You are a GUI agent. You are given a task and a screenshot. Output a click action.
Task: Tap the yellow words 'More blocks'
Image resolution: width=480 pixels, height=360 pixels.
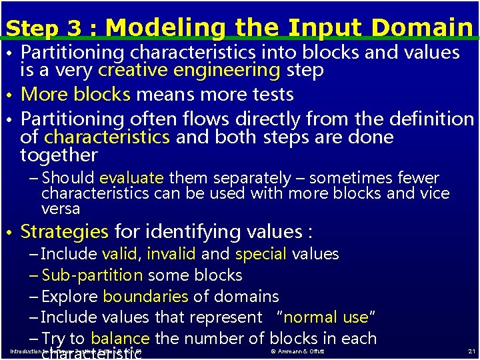75,95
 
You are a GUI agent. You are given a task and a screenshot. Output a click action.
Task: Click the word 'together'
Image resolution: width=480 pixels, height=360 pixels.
59,155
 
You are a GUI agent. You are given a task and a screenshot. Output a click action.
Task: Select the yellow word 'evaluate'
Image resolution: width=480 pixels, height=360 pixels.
131,178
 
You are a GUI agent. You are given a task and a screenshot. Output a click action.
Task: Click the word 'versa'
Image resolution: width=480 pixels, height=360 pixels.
61,209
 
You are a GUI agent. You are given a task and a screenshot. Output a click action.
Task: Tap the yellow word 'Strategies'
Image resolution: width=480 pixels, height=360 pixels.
64,232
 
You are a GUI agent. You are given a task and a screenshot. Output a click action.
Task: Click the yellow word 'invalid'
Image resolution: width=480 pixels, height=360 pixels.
171,254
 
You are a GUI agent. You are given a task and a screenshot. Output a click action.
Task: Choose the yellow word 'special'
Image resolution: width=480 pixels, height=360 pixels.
261,254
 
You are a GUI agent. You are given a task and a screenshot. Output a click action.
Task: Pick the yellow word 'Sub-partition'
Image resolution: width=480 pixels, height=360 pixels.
92,275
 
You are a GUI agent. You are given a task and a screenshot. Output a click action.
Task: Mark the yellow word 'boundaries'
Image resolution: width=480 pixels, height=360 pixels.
146,297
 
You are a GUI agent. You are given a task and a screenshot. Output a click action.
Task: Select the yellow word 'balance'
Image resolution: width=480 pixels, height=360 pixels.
121,339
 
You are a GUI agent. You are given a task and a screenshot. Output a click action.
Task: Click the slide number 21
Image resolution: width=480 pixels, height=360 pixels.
471,351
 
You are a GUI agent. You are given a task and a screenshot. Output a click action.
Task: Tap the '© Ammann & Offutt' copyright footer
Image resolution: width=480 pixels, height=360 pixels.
297,351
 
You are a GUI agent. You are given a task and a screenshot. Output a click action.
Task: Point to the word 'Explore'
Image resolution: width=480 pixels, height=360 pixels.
69,297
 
